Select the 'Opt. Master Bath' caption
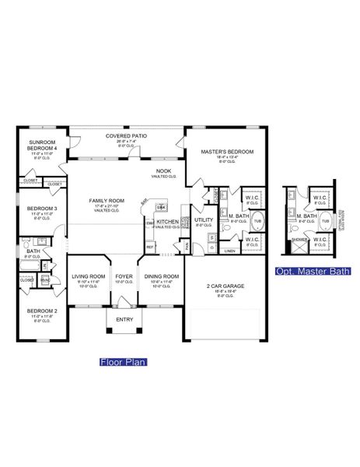tap(313, 271)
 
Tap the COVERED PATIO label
tap(126, 136)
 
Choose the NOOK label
tap(164, 171)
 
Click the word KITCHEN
tap(168, 222)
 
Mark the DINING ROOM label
tap(162, 276)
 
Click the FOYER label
tap(124, 276)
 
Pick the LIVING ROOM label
tap(89, 276)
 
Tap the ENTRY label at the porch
tap(124, 319)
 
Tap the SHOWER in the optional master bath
tap(296, 240)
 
